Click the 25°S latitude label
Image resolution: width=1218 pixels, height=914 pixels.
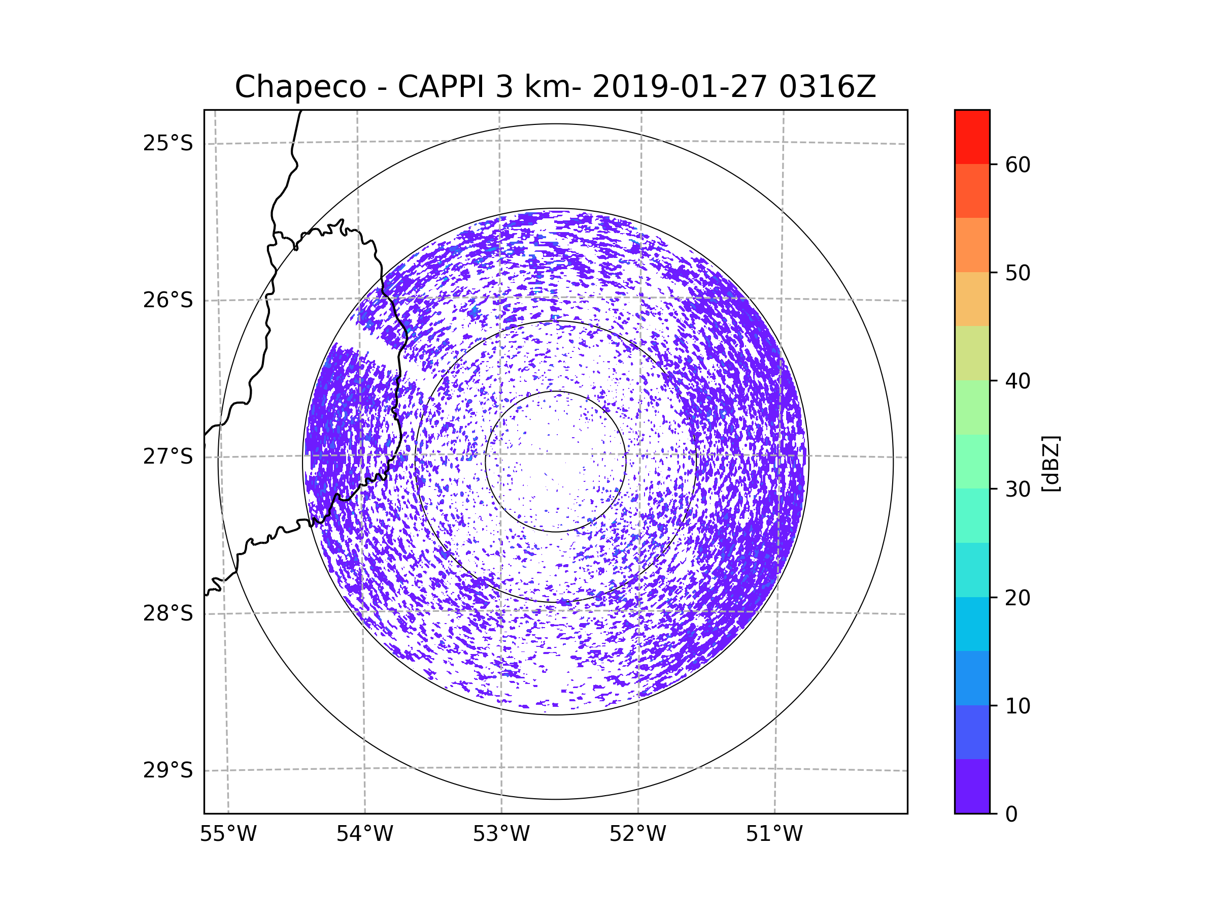click(x=168, y=143)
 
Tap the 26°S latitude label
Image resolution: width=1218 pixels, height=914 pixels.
click(x=168, y=300)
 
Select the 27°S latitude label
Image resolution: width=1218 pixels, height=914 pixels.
click(x=168, y=456)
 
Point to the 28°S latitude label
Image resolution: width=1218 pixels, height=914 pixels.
click(x=168, y=613)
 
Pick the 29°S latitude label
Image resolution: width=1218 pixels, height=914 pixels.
click(x=168, y=770)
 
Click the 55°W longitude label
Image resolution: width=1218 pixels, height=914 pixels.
click(x=228, y=834)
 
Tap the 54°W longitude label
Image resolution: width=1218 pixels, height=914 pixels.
click(x=364, y=834)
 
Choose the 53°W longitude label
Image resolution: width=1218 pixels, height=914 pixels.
click(x=501, y=834)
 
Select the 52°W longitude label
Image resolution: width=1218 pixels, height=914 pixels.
click(x=637, y=834)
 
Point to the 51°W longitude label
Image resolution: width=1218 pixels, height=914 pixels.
click(x=774, y=834)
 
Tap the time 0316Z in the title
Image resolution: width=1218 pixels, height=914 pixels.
click(x=827, y=86)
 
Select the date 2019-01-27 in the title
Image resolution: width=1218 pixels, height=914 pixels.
click(x=680, y=86)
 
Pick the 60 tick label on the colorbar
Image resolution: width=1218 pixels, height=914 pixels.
click(x=1018, y=165)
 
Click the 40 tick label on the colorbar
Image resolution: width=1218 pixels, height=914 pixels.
click(x=1018, y=381)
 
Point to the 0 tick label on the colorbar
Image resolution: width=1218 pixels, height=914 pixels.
click(x=1011, y=814)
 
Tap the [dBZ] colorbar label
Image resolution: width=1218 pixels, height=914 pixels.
click(x=1051, y=463)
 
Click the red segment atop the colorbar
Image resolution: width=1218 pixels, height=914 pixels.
click(x=972, y=137)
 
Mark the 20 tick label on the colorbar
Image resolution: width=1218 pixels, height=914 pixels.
click(x=1018, y=598)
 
